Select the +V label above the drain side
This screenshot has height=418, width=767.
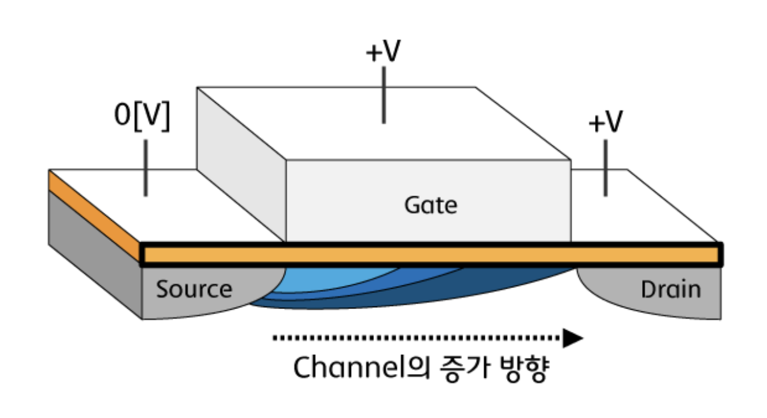[605, 122]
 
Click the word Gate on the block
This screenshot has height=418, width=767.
[431, 205]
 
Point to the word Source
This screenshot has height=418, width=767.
[194, 289]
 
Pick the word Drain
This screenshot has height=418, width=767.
[670, 290]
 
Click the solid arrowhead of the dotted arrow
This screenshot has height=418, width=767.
[573, 338]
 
